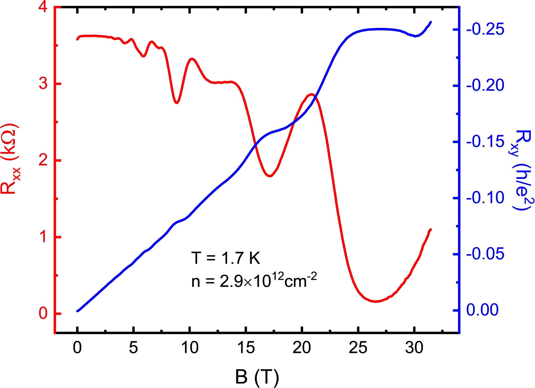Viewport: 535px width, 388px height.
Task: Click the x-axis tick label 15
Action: tap(246, 348)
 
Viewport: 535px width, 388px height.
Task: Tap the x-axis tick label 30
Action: tap(414, 348)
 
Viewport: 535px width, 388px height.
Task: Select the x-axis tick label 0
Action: tap(77, 348)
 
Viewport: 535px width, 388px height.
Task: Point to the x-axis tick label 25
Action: tap(358, 348)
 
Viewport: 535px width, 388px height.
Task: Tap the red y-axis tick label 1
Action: tap(43, 237)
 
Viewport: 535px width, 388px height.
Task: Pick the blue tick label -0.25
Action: tap(485, 30)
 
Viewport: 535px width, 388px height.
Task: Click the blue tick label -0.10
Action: tap(485, 198)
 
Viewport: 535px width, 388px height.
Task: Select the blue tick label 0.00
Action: tap(482, 310)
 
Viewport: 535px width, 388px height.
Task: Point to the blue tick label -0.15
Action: tap(485, 142)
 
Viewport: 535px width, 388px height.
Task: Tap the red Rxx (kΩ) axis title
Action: tap(10, 159)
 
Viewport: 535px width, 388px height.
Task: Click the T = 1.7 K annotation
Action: tap(225, 258)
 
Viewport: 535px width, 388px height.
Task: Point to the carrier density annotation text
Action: tap(254, 281)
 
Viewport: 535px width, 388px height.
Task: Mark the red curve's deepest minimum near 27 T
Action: tap(376, 301)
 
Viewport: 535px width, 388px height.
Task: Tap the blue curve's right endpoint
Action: tap(431, 22)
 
